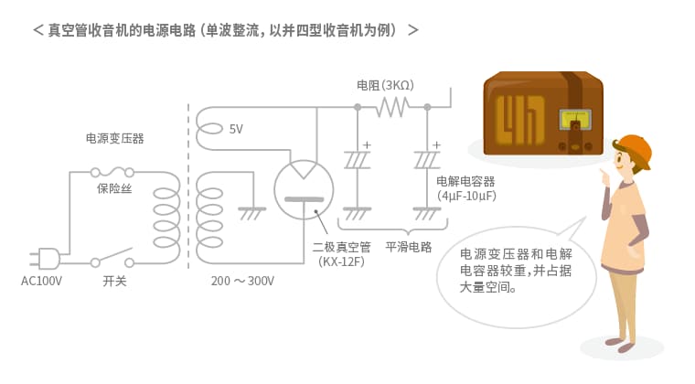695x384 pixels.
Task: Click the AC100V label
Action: [41, 281]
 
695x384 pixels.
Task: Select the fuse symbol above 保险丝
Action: [112, 172]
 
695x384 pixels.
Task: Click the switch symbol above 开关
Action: [112, 258]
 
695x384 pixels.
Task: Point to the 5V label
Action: [236, 129]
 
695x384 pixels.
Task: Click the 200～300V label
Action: [242, 281]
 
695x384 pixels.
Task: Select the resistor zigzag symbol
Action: [392, 107]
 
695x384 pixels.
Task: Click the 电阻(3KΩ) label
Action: [385, 85]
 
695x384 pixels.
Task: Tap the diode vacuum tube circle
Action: [304, 189]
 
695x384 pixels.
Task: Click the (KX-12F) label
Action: [341, 261]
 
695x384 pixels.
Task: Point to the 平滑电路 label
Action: [408, 247]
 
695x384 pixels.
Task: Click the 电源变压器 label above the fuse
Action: [115, 139]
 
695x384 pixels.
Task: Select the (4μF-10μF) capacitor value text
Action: [466, 196]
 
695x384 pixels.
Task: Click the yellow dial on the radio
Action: [575, 120]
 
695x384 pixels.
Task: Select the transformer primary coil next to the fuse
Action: [166, 217]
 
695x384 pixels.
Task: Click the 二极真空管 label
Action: [341, 247]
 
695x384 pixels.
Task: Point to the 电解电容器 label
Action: [465, 181]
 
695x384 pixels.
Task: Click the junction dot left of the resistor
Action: [358, 107]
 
